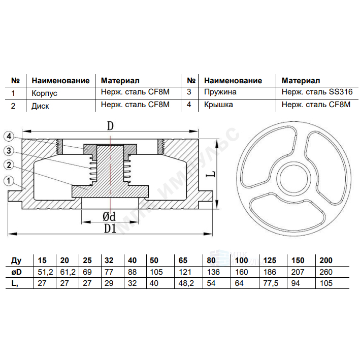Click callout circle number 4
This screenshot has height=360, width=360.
point(9,137)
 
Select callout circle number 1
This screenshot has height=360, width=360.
point(9,180)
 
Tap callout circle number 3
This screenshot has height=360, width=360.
point(9,151)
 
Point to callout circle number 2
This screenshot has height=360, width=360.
point(9,165)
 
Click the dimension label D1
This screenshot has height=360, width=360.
point(110,228)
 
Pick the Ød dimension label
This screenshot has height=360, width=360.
point(109,216)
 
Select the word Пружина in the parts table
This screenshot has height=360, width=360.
point(220,92)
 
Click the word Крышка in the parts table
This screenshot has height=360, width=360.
point(218,105)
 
